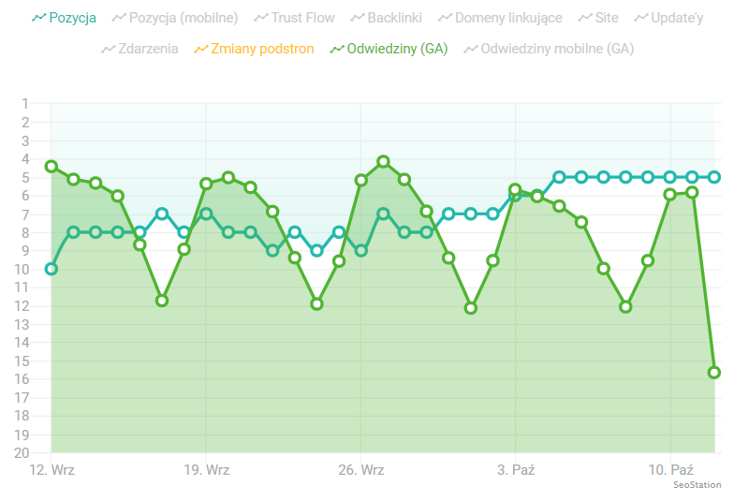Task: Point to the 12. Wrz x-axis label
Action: point(52,469)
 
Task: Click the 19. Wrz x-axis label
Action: point(207,469)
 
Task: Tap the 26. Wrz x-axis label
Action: point(361,469)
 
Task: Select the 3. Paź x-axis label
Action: point(516,469)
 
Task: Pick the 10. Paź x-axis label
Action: point(670,469)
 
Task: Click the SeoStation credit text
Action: point(697,485)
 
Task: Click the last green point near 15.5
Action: point(714,372)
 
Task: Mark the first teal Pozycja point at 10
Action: point(51,269)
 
